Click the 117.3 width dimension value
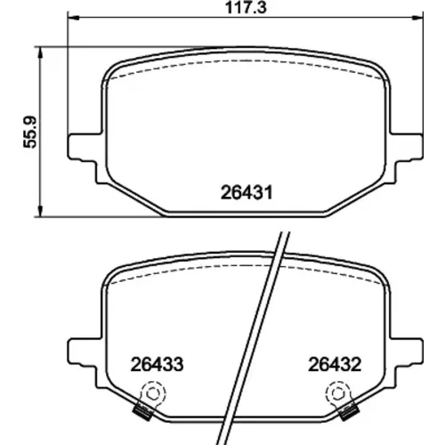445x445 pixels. click(246, 8)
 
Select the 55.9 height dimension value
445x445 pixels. click(30, 132)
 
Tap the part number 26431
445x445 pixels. click(247, 193)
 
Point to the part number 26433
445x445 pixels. click(157, 365)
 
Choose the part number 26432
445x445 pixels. click(335, 365)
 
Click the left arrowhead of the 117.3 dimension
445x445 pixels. click(74, 19)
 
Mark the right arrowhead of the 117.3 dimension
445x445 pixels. click(417, 19)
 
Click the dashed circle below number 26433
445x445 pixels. click(153, 393)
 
